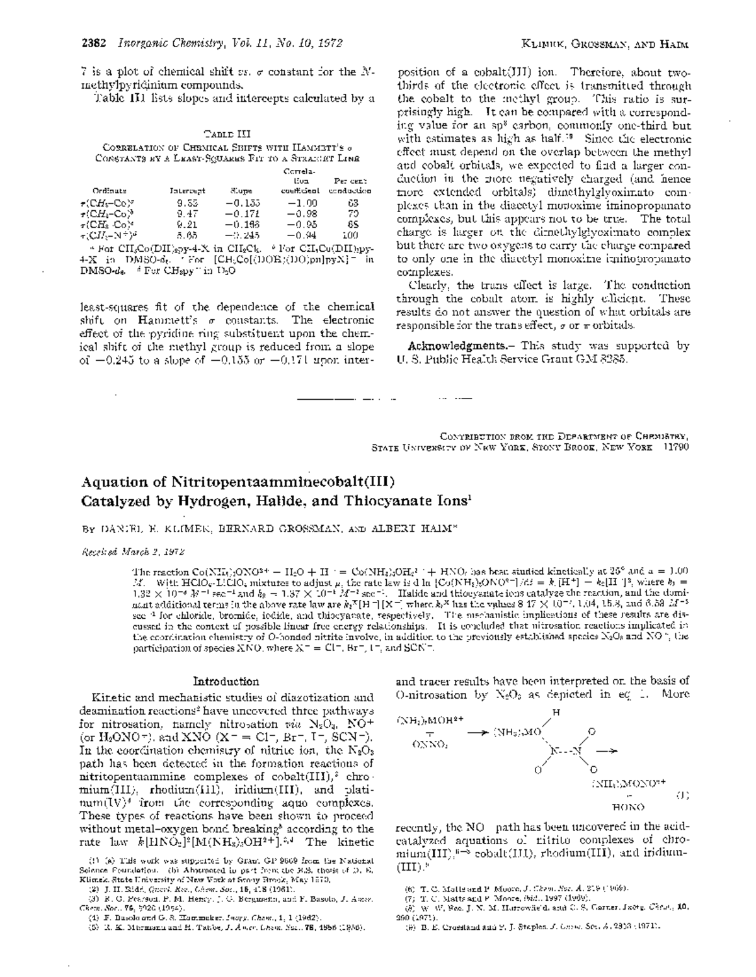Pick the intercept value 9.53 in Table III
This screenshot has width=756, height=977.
coord(187,203)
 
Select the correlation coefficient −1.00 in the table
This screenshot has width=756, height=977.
coord(302,203)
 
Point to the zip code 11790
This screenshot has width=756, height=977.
coord(673,447)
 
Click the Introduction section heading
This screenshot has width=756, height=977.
coord(226,681)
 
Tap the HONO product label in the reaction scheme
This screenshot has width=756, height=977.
coord(627,806)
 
